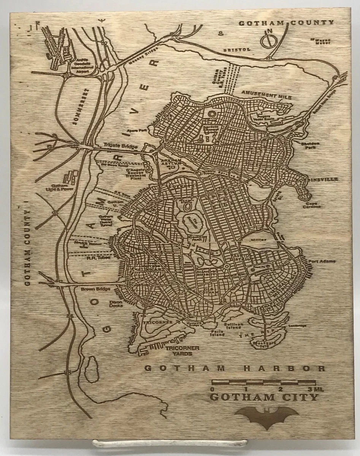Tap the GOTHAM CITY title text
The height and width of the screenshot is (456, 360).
point(264,398)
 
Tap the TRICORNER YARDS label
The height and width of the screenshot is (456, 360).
point(179,350)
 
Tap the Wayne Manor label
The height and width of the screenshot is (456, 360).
point(320,41)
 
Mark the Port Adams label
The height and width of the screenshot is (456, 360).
point(319,261)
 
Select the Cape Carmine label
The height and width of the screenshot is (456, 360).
point(311,205)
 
